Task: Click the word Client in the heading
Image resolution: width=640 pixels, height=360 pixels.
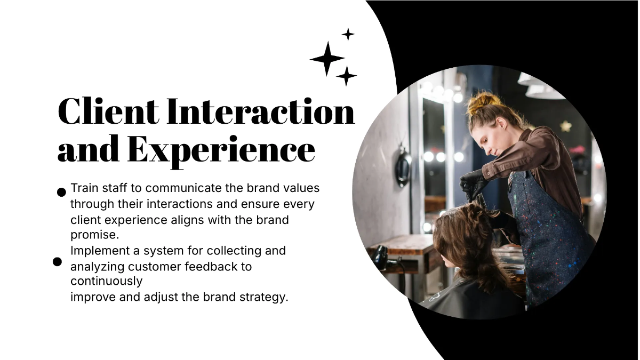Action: coord(108,111)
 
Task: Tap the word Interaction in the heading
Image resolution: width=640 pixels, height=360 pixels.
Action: coord(261,111)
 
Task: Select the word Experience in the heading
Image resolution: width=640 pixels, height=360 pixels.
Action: coord(221,151)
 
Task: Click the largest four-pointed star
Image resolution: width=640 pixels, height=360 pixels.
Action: coord(327,59)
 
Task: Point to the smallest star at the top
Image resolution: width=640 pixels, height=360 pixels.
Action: coord(348,34)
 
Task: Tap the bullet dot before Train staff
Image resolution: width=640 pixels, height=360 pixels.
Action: coord(61,193)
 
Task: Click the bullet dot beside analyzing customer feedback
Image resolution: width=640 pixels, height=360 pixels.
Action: coord(57,262)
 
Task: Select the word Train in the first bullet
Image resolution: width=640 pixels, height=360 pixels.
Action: coord(84,188)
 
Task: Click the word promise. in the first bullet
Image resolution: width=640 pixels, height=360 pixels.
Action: coord(94,235)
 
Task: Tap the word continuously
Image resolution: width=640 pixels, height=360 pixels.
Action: coord(106,282)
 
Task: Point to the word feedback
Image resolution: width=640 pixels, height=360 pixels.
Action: coord(214,267)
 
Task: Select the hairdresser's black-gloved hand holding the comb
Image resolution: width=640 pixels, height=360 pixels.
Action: coord(472,185)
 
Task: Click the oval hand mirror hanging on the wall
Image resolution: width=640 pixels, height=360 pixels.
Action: coord(403,169)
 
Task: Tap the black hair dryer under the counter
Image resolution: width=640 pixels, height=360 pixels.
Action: coord(383,258)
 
